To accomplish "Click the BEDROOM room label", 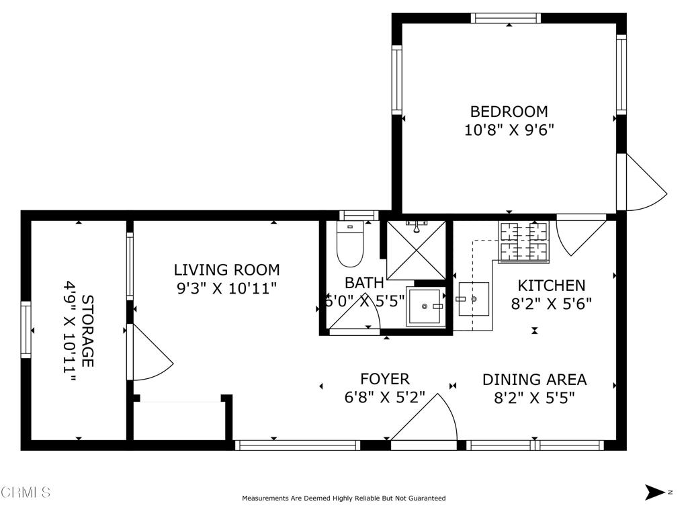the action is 509,112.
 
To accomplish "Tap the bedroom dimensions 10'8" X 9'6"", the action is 509,130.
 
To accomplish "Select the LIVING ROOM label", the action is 227,269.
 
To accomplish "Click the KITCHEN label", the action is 552,286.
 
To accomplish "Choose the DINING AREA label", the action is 534,380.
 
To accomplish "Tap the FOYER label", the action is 385,379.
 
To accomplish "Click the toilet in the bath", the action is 350,244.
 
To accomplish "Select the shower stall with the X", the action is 416,250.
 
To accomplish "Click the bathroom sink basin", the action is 424,306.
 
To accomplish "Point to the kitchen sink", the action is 474,299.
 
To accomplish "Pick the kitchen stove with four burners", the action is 524,242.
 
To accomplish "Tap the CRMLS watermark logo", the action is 26,492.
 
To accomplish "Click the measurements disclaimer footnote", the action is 344,498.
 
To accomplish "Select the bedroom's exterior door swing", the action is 642,182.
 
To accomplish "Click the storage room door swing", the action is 150,352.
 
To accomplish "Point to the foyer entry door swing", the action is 424,417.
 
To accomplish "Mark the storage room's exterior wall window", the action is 26,329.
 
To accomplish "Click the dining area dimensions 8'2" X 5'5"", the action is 534,398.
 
